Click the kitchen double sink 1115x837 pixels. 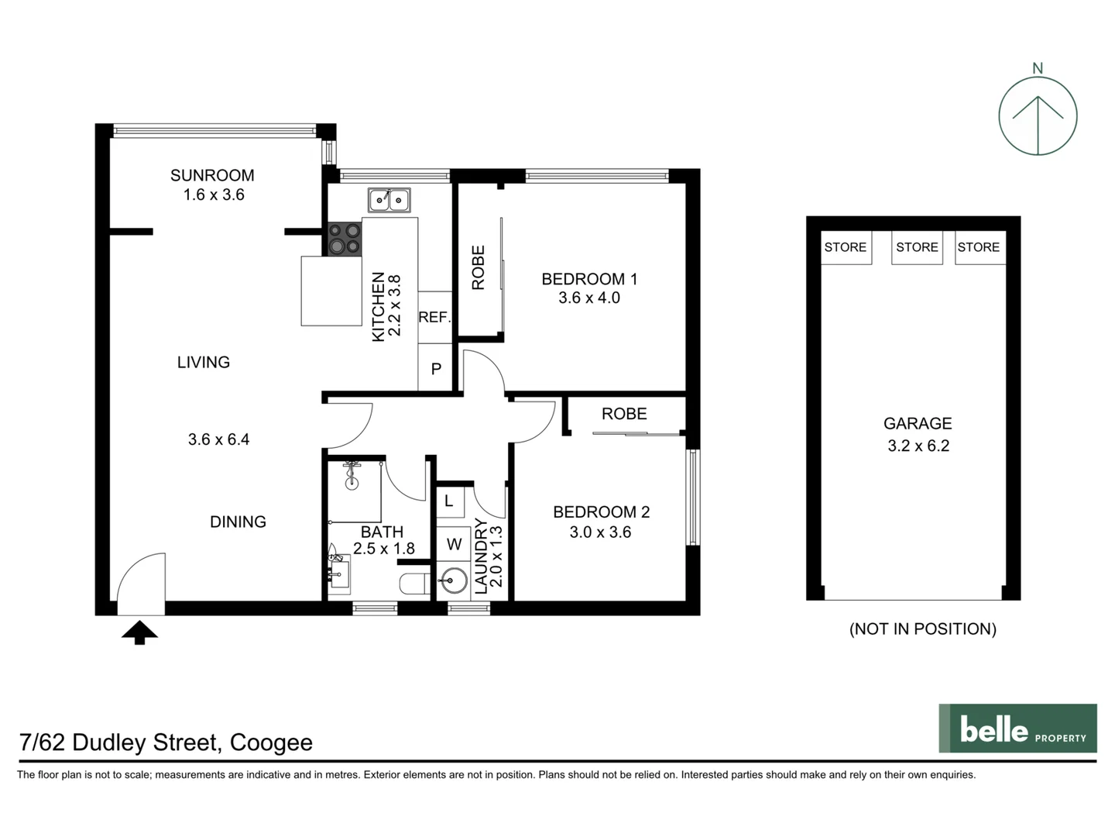[389, 200]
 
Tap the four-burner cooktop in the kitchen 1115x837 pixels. [345, 239]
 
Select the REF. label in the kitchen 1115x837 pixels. [434, 317]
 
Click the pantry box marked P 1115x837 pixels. [436, 369]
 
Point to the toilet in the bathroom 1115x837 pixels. [413, 584]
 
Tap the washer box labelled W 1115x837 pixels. [454, 544]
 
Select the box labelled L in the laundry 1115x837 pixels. [449, 501]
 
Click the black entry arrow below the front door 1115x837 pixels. [139, 632]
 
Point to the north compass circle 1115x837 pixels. [1038, 116]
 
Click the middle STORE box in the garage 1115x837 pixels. [917, 247]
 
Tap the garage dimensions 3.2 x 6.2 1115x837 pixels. [918, 446]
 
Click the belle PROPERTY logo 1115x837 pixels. [1017, 728]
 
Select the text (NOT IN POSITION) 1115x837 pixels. [922, 629]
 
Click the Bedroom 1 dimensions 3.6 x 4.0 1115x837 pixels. [589, 298]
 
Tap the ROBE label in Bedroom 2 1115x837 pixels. [624, 414]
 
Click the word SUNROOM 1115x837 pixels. [212, 175]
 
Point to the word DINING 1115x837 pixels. [238, 522]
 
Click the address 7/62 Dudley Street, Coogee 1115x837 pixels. [166, 742]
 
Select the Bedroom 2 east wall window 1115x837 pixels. [694, 498]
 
